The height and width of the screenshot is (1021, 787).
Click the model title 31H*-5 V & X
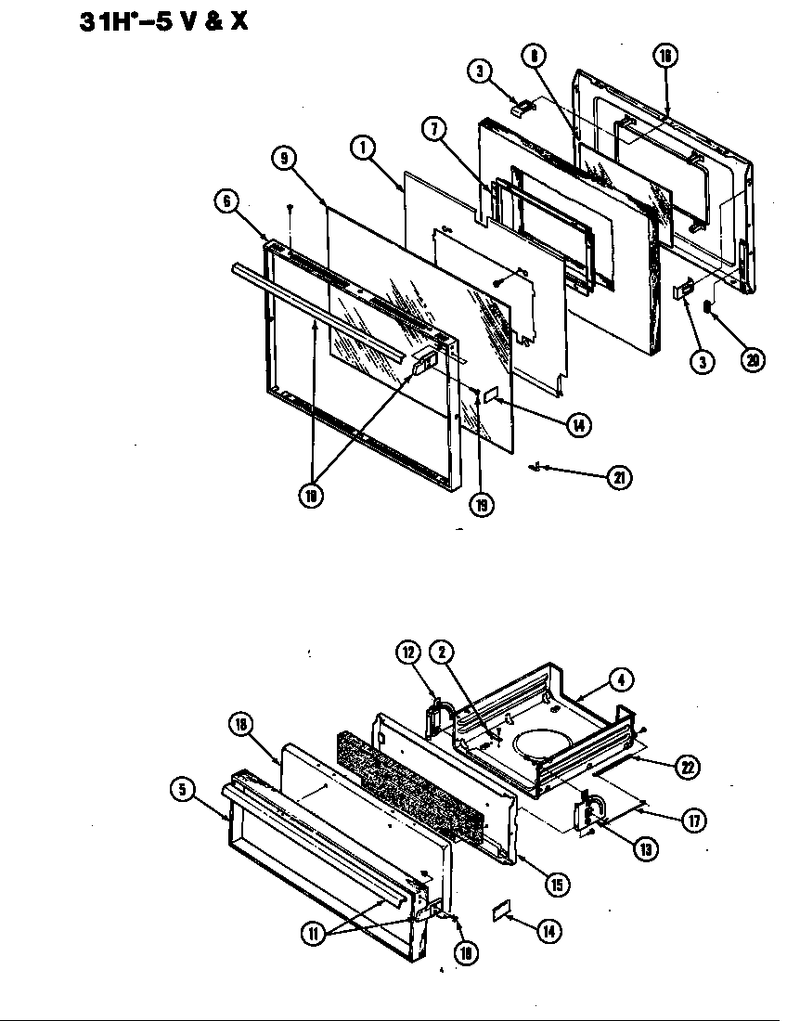[163, 19]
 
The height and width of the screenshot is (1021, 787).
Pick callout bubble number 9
[285, 159]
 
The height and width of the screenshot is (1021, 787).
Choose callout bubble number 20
[754, 360]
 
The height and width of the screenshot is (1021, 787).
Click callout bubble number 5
[183, 789]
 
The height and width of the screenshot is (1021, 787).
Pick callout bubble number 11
[314, 934]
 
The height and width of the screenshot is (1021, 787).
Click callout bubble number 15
[557, 885]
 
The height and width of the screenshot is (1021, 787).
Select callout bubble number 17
[693, 820]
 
